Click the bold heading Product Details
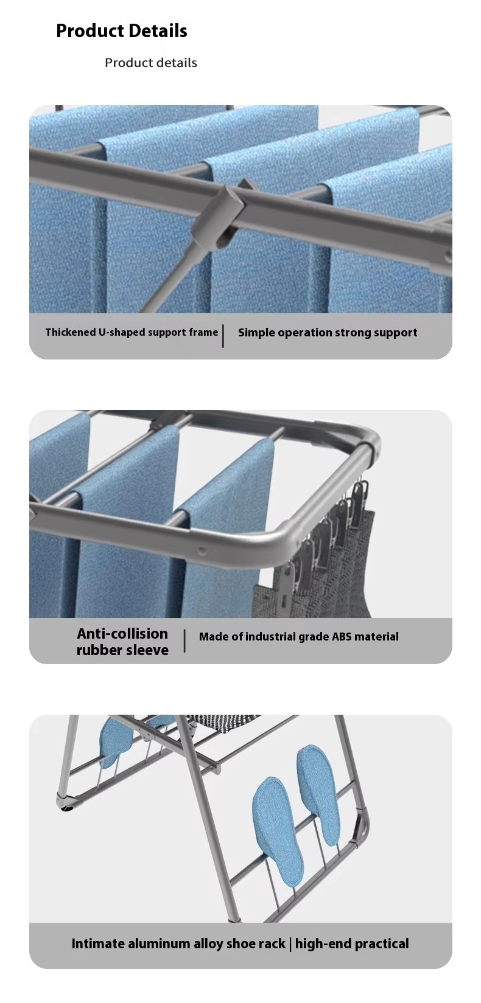[x=122, y=31]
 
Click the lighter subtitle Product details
[x=150, y=63]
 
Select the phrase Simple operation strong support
[x=327, y=333]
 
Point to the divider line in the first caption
[x=223, y=336]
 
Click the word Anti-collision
[x=122, y=633]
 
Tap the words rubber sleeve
[x=122, y=650]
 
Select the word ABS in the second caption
[x=342, y=636]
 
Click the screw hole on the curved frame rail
[x=202, y=551]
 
